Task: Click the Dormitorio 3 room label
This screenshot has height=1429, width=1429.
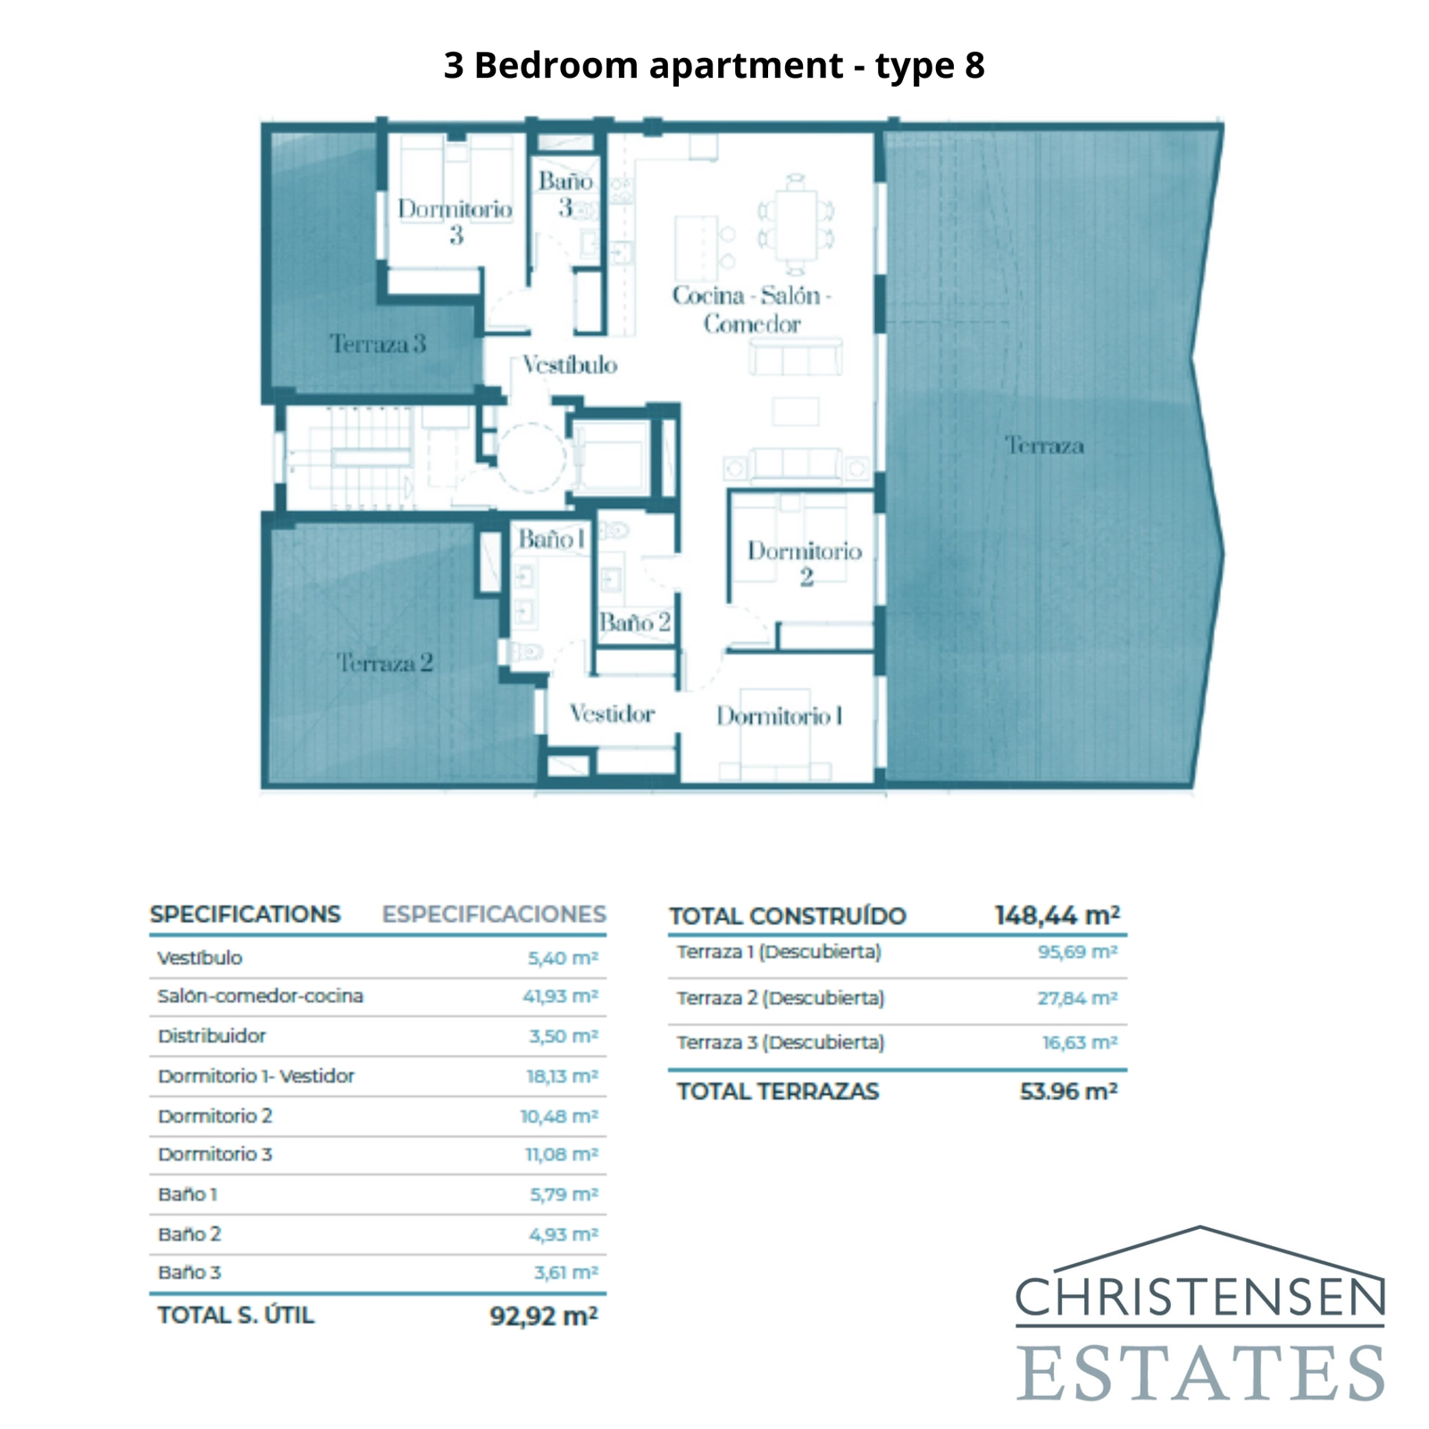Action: (x=455, y=221)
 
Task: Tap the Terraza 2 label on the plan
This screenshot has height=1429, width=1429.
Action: (x=384, y=663)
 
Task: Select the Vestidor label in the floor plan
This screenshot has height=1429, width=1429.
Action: (x=612, y=714)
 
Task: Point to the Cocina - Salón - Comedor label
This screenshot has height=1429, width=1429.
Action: (x=751, y=309)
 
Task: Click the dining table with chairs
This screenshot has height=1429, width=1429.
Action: (x=795, y=224)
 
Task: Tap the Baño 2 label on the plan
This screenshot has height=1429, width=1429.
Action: (x=634, y=623)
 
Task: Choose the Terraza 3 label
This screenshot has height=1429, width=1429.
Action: (x=377, y=344)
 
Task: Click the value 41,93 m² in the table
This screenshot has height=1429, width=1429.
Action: (x=560, y=996)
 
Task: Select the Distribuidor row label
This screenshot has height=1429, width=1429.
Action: (x=212, y=1036)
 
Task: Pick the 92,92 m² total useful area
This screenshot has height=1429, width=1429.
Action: (x=543, y=1316)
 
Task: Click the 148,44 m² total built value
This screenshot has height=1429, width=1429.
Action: (x=1057, y=915)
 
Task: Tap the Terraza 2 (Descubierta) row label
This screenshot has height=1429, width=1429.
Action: (x=780, y=998)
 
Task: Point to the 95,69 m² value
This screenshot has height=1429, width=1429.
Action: (x=1077, y=952)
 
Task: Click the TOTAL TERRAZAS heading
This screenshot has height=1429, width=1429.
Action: (x=777, y=1091)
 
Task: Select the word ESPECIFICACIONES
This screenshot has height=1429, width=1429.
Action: (x=494, y=915)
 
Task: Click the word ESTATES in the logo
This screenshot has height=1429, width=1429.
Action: (x=1200, y=1374)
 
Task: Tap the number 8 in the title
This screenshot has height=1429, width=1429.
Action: (x=974, y=65)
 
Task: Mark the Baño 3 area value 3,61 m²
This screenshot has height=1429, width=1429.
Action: (x=565, y=1272)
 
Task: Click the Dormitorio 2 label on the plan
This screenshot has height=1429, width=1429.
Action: (x=805, y=564)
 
